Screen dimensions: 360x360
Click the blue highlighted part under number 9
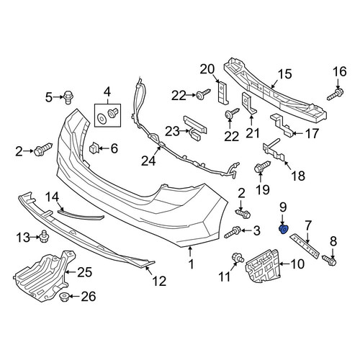284,229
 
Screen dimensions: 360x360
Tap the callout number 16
340,71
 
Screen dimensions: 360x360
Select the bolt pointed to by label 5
68,97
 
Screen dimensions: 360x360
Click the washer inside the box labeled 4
102,118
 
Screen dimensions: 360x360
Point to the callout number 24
148,161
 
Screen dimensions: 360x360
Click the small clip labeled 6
94,148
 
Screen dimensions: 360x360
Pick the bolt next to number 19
262,166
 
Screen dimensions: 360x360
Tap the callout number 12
159,281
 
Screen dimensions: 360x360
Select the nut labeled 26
64,297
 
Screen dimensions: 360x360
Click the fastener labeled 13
43,237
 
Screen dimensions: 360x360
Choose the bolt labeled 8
330,260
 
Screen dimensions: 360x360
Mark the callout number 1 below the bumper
191,264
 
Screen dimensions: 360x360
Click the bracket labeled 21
249,103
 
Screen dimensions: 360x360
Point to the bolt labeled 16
336,94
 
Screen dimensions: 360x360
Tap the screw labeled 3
233,232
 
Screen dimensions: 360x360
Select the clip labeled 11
238,258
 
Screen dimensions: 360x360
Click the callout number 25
84,272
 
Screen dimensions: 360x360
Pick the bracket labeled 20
223,93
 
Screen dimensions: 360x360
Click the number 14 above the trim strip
52,197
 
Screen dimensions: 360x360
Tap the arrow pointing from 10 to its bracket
284,264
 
